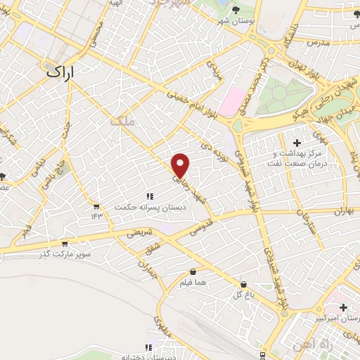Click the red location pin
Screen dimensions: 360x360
[x=181, y=165]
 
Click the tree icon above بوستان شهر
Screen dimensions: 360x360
[x=234, y=9]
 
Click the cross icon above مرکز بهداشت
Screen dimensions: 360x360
[x=297, y=143]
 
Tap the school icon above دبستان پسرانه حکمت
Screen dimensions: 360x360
[x=149, y=196]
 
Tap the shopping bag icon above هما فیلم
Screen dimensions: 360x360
[x=193, y=271]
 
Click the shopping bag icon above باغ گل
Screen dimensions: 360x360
[x=243, y=285]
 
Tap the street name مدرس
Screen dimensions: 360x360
[x=318, y=43]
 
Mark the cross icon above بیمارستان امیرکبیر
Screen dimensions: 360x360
[x=342, y=307]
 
